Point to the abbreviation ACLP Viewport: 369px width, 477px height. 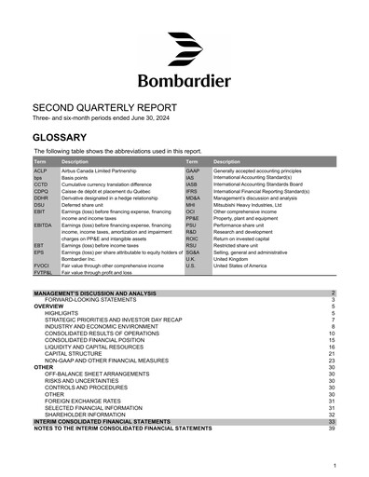pyautogui.click(x=40, y=171)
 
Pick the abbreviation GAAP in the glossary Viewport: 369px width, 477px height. pyautogui.click(x=193, y=171)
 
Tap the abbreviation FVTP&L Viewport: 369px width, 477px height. pyautogui.click(x=43, y=272)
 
